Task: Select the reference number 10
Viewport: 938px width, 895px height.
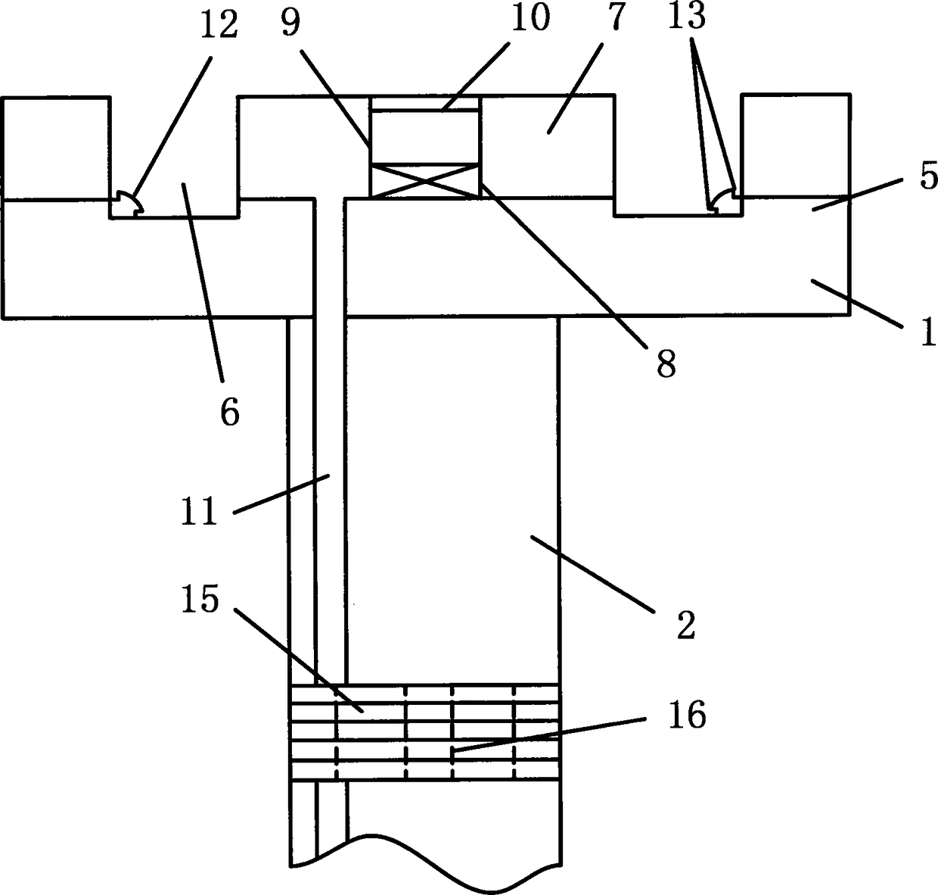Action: click(530, 18)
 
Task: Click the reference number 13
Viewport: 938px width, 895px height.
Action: click(687, 16)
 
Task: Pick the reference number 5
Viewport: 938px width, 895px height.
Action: click(928, 176)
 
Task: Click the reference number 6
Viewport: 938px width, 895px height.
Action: click(229, 412)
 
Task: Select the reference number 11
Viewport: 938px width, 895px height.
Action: click(200, 511)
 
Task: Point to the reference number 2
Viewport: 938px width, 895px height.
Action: click(686, 625)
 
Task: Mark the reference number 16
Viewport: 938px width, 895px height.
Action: click(687, 715)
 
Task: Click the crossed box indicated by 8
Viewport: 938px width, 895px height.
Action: click(424, 182)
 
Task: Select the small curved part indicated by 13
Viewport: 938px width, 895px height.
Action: click(722, 201)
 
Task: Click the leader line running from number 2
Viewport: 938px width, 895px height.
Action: click(592, 574)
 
